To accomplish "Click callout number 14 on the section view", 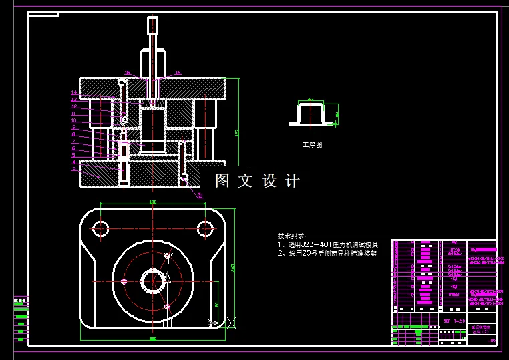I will pyautogui.click(x=74, y=92).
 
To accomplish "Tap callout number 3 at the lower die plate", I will pyautogui.click(x=74, y=169).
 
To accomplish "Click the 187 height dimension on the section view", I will pyautogui.click(x=237, y=132).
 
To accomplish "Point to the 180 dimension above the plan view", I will pyautogui.click(x=152, y=202).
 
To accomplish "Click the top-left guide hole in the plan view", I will pyautogui.click(x=101, y=229).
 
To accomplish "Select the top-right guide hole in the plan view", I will pyautogui.click(x=204, y=229).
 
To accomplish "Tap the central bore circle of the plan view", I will pyautogui.click(x=152, y=281).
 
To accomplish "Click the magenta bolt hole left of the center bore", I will pyautogui.click(x=124, y=281).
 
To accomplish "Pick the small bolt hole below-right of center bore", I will pyautogui.click(x=167, y=306).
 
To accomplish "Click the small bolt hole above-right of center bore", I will pyautogui.click(x=168, y=256).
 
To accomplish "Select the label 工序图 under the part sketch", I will pyautogui.click(x=312, y=144).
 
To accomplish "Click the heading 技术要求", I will pyautogui.click(x=292, y=236).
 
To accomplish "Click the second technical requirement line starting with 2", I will pyautogui.click(x=332, y=254).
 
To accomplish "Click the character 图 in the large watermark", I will pyautogui.click(x=222, y=181).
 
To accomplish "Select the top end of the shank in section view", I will pyautogui.click(x=153, y=20).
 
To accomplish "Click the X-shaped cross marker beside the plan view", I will pyautogui.click(x=231, y=322).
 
